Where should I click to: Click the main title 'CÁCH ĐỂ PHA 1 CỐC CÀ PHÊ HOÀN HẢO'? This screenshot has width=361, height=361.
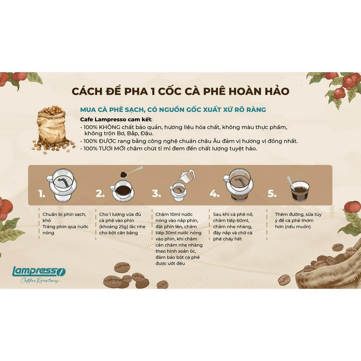pyautogui.click(x=180, y=91)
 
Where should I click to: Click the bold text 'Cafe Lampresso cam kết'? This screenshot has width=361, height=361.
pyautogui.click(x=116, y=120)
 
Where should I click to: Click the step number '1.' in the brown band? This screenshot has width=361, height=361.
pyautogui.click(x=42, y=194)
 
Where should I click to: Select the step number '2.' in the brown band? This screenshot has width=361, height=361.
pyautogui.click(x=100, y=194)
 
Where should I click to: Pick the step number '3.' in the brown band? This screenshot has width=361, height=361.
pyautogui.click(x=157, y=194)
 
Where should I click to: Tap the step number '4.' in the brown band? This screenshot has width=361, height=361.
pyautogui.click(x=214, y=194)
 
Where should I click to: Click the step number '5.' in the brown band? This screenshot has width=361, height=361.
pyautogui.click(x=272, y=194)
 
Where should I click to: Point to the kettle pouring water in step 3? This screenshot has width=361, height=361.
pyautogui.click(x=187, y=175)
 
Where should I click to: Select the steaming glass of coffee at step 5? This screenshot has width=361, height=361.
pyautogui.click(x=299, y=190)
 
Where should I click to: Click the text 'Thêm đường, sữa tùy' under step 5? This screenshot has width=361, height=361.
pyautogui.click(x=298, y=214)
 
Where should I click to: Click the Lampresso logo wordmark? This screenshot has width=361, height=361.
pyautogui.click(x=39, y=271)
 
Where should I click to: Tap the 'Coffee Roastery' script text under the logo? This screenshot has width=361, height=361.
pyautogui.click(x=39, y=281)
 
